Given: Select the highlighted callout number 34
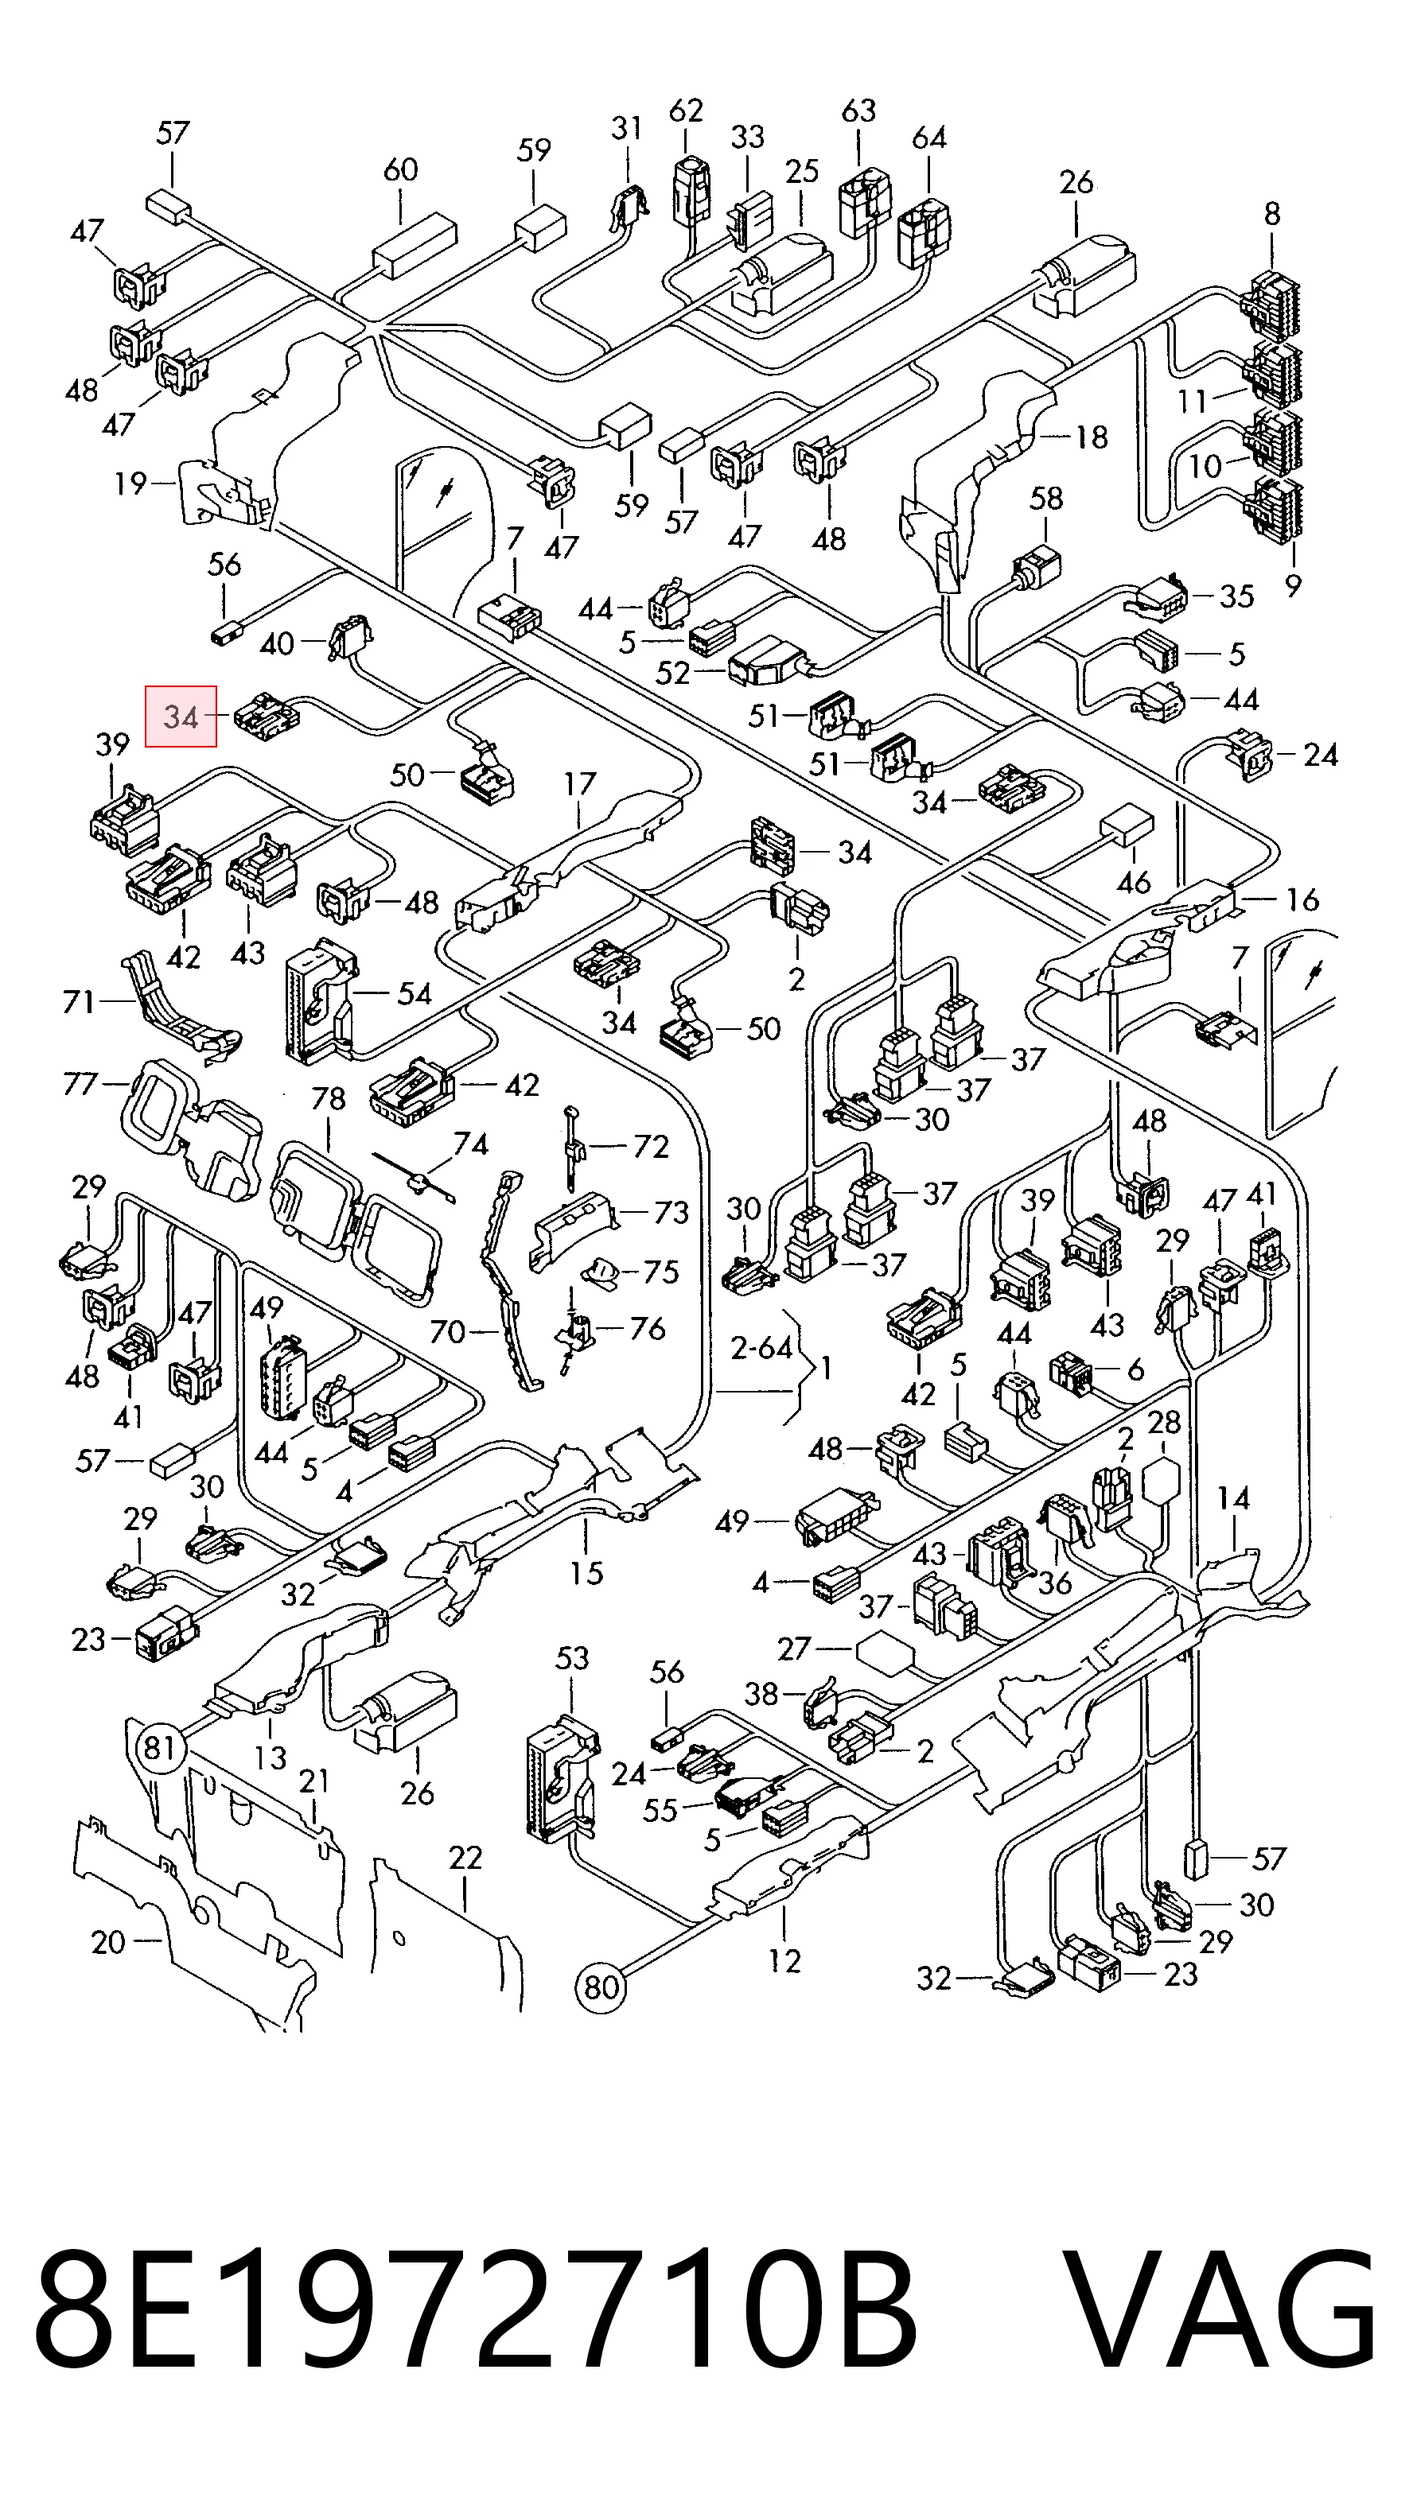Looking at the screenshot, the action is [x=181, y=717].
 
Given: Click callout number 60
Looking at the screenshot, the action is [x=401, y=169].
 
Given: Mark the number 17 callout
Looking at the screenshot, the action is [x=580, y=783].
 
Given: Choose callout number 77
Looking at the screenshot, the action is [x=81, y=1083].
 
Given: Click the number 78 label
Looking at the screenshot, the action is [x=329, y=1098].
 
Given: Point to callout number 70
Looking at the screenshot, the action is [x=447, y=1330].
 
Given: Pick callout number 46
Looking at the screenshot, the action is [x=1133, y=882].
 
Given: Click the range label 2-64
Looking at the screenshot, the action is [x=762, y=1347].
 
